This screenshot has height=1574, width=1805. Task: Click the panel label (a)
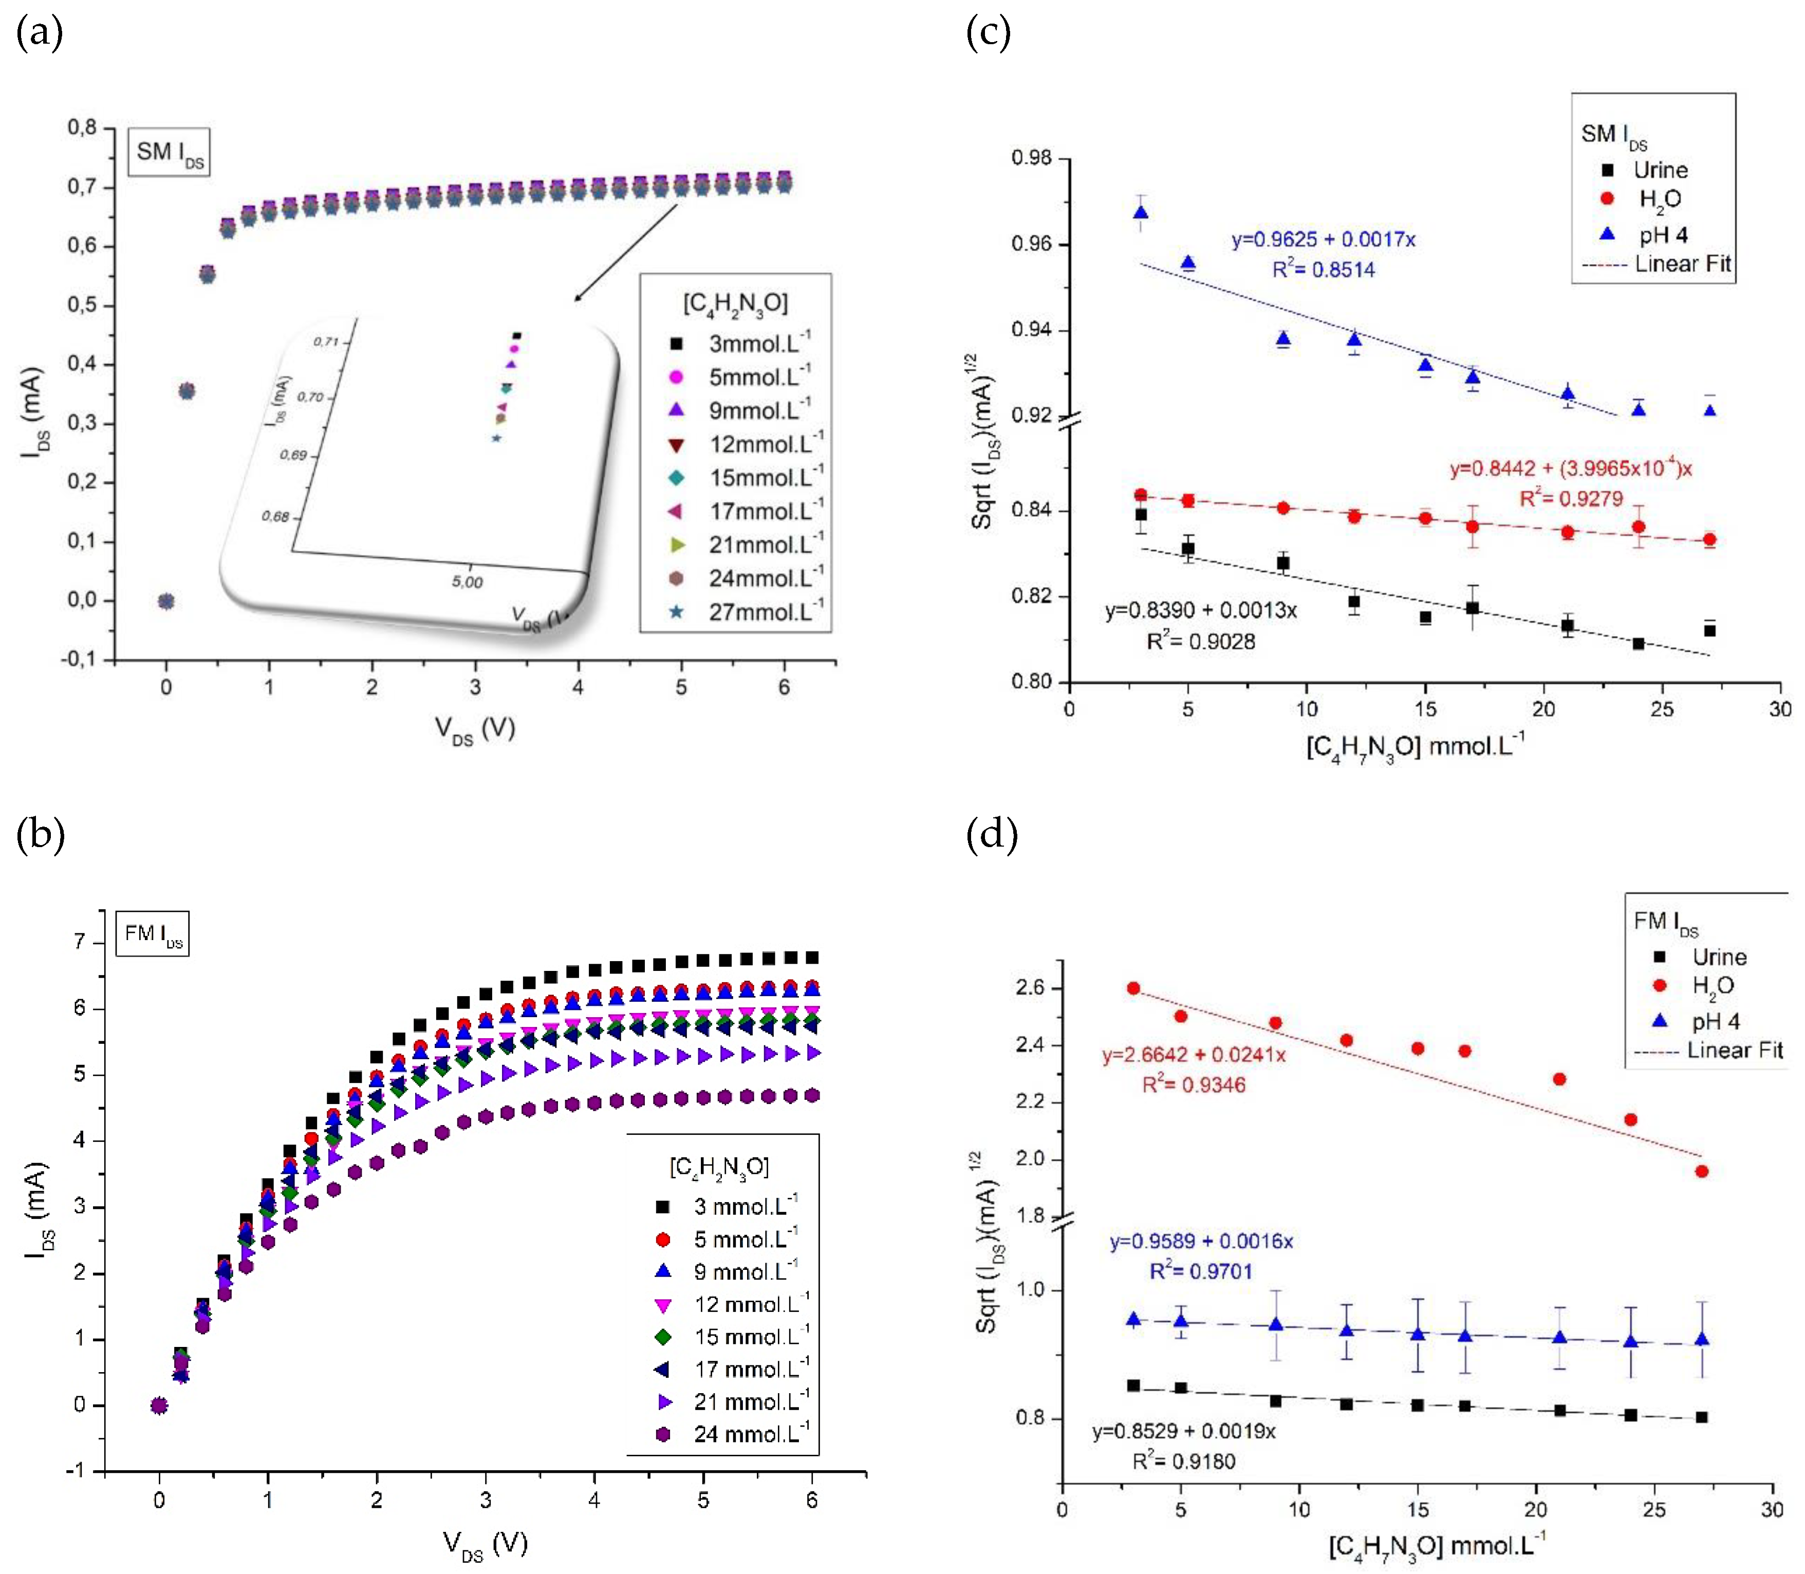(x=40, y=33)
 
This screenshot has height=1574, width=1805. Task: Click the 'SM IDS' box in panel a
(x=169, y=153)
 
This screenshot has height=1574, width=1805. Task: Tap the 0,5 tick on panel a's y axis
(x=82, y=305)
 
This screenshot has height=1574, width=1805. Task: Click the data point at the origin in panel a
(x=166, y=601)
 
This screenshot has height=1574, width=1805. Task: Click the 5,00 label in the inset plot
(x=467, y=582)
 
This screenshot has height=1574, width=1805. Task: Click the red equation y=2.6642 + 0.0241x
(x=1194, y=1054)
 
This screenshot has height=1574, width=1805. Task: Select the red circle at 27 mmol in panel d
(x=1701, y=1171)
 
